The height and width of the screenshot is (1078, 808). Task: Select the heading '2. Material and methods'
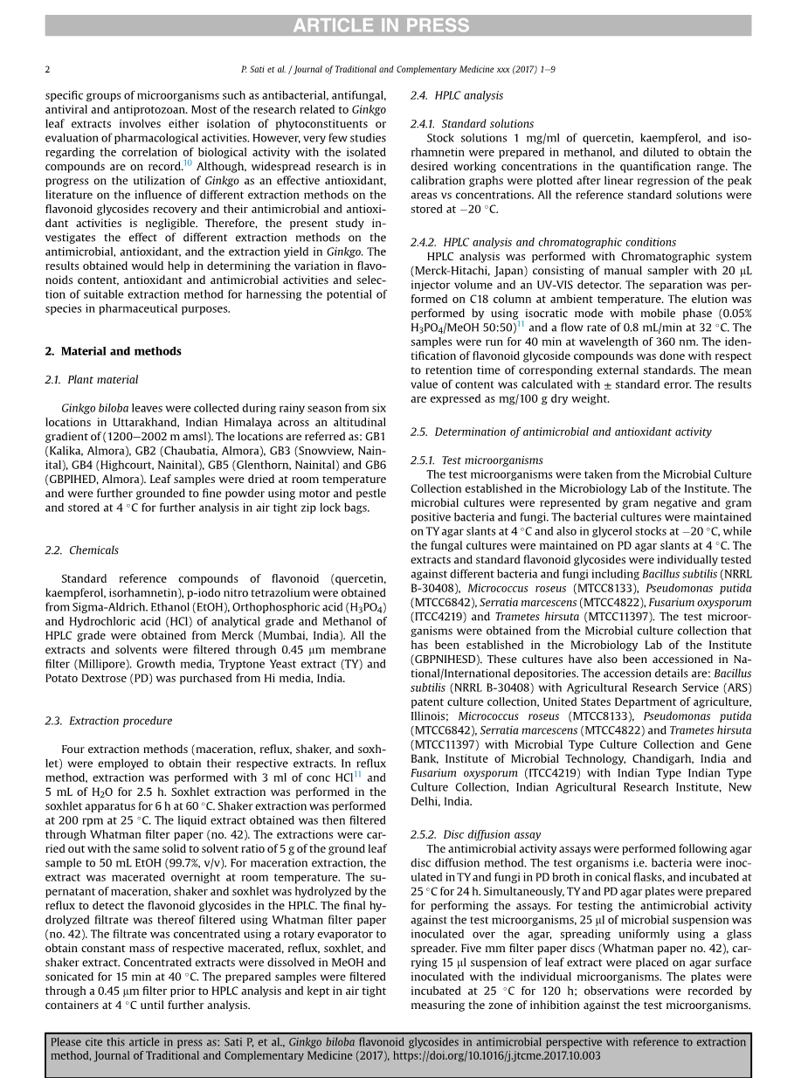114,351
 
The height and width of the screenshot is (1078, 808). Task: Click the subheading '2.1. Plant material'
92,380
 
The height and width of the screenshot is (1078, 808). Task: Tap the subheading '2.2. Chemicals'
81,550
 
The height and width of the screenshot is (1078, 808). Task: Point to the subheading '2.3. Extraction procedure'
108,721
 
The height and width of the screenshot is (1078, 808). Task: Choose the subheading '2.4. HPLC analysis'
456,95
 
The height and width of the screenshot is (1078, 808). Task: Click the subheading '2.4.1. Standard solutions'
472,124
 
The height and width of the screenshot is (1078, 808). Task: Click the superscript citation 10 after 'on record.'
188,163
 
